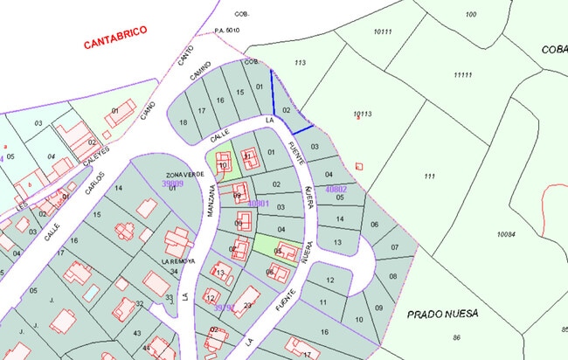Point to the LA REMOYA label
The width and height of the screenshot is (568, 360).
point(178,260)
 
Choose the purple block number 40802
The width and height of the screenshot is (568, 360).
point(336,189)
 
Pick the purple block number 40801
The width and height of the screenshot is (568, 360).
point(257,204)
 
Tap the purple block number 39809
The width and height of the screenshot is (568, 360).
point(172,184)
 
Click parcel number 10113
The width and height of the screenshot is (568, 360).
point(363,114)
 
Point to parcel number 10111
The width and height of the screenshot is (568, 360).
point(383,31)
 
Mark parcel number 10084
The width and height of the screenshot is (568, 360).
point(507,234)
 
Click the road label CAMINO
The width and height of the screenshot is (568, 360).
point(198,80)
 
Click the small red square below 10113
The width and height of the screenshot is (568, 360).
point(358,166)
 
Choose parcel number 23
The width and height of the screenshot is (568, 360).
point(247,305)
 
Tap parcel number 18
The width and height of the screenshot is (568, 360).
point(183,122)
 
